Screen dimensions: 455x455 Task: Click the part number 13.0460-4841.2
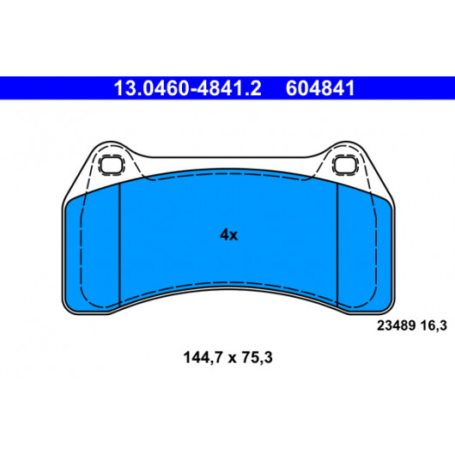point(187,88)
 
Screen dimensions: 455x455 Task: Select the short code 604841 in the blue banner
point(320,88)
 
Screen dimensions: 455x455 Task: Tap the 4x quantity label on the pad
point(228,234)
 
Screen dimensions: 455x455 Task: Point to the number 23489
point(396,325)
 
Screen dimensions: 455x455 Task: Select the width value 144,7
point(203,357)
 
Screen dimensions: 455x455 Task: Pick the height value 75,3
point(258,357)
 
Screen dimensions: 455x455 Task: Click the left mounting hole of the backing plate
point(111,165)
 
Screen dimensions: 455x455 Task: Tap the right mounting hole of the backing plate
point(345,165)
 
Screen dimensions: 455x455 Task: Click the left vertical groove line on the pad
point(119,244)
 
